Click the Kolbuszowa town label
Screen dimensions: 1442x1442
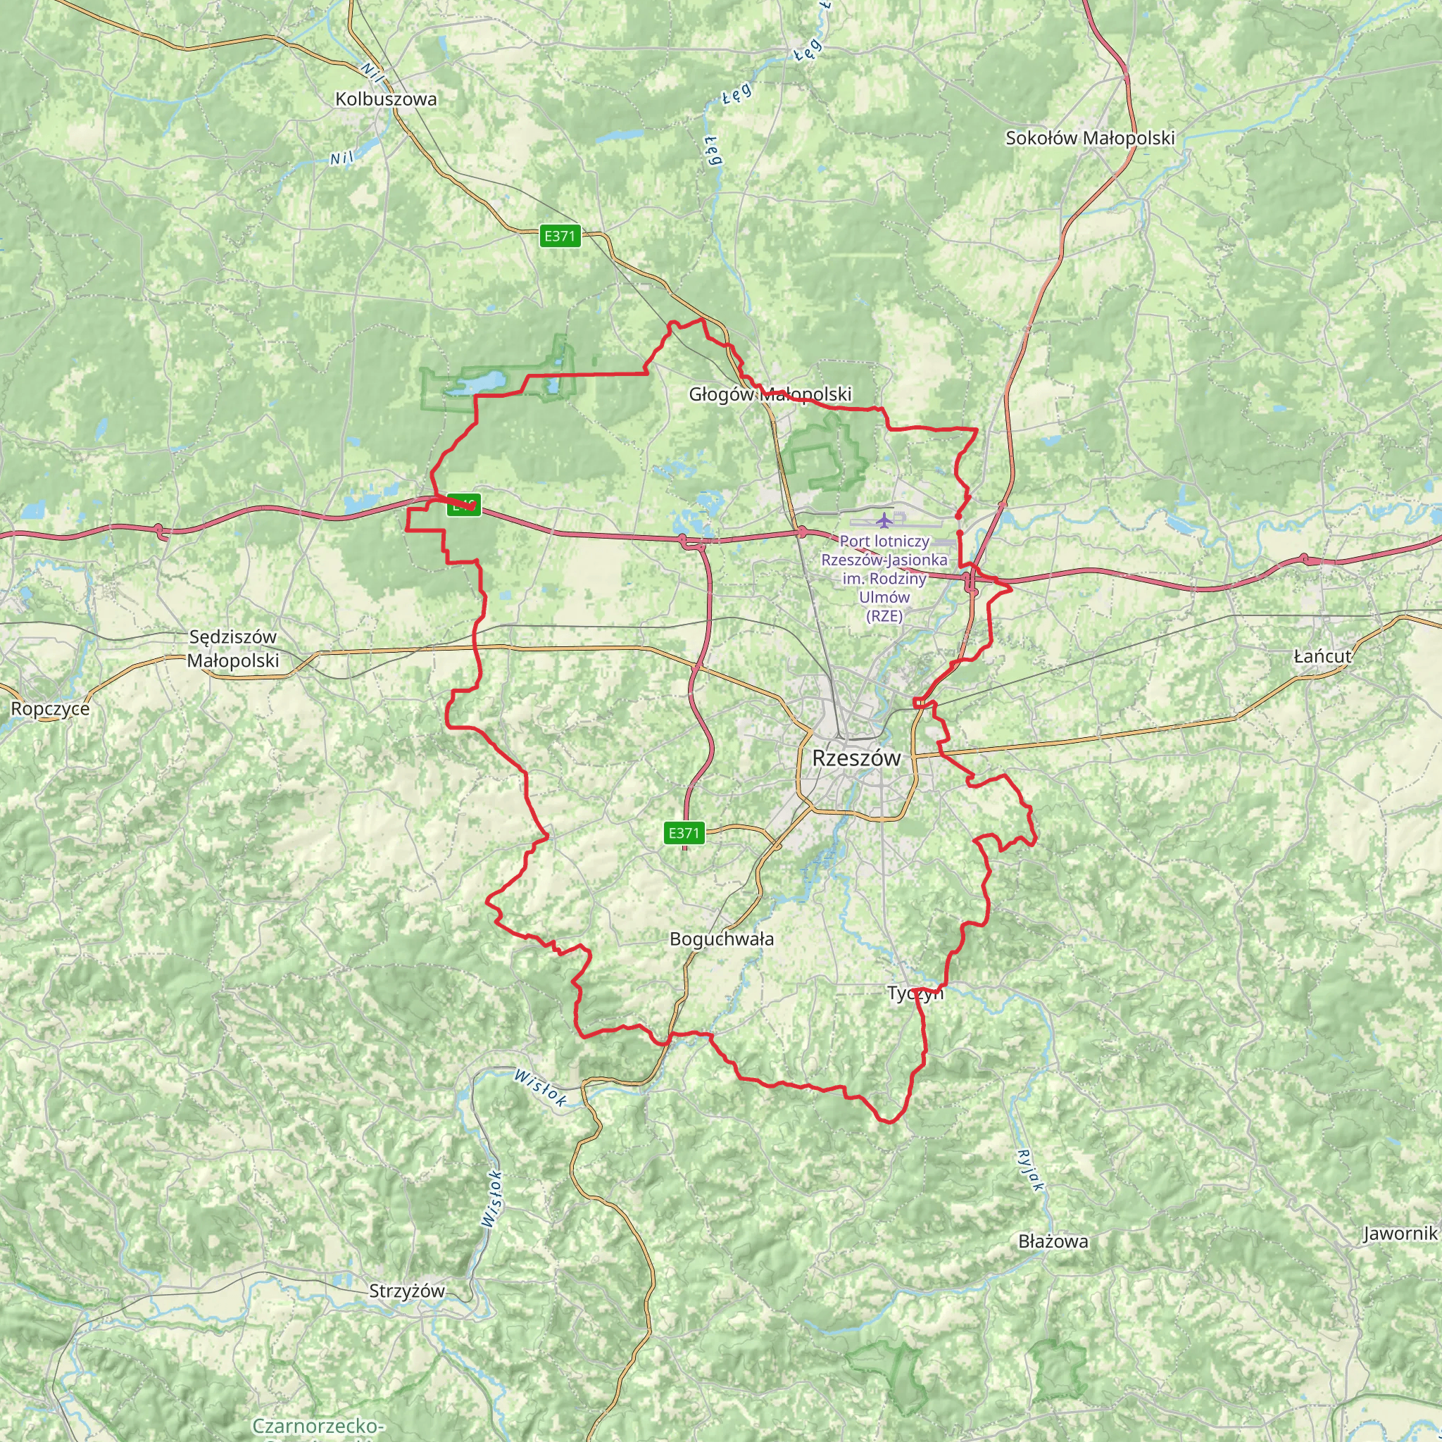coord(386,99)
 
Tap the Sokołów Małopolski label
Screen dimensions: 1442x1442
coord(1090,138)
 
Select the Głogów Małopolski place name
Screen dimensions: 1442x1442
coord(770,394)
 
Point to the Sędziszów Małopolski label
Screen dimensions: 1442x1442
coord(233,648)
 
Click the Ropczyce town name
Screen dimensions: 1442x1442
coord(50,708)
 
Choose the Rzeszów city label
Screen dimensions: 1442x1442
coord(856,758)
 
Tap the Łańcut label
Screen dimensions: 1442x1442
coord(1322,656)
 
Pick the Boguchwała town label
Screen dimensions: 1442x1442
coord(721,939)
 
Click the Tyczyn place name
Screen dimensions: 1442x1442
coord(915,993)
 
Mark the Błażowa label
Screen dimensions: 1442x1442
coord(1053,1241)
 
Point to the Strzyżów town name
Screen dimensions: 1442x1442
coord(407,1291)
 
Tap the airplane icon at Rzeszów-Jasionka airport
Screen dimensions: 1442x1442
coord(884,520)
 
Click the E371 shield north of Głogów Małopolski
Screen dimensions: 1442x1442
coord(560,237)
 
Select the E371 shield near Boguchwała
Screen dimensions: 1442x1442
coord(684,833)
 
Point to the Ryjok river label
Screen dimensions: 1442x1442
coord(1030,1171)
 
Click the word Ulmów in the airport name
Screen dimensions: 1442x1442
coord(884,597)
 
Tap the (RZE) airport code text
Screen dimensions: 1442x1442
coord(884,616)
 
